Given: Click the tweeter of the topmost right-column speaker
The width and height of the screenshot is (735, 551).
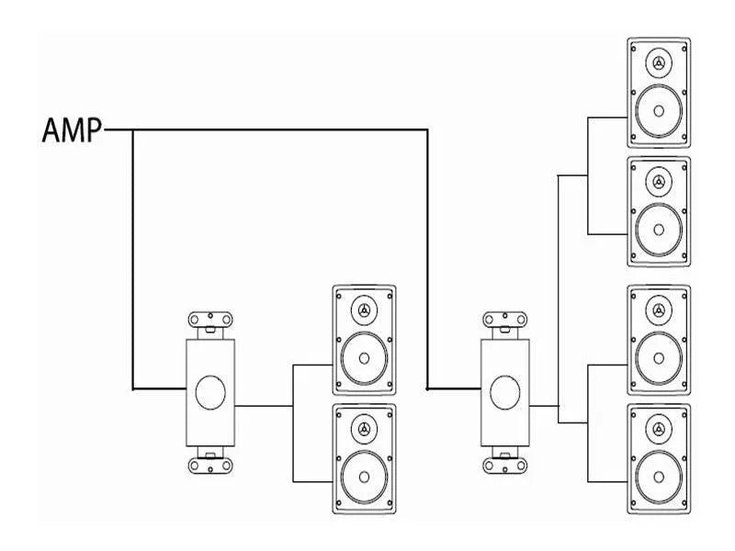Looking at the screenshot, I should [x=659, y=63].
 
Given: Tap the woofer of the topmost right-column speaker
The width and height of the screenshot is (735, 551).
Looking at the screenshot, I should [x=659, y=110].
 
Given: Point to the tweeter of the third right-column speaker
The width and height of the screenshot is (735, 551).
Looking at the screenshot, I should [x=659, y=310].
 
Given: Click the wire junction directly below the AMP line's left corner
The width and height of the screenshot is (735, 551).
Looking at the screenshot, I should [x=133, y=388].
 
